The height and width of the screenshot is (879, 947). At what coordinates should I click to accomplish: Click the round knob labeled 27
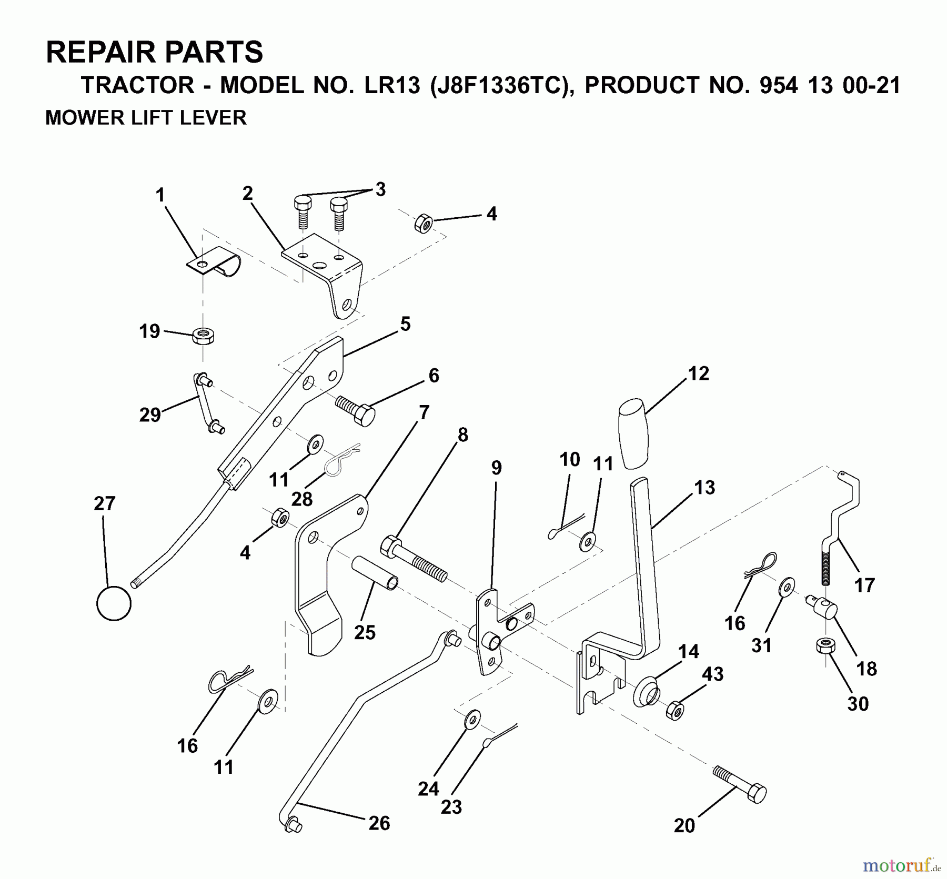point(114,603)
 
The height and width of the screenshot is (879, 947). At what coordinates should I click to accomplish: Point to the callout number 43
point(712,674)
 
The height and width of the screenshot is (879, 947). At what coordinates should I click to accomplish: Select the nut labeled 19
point(203,336)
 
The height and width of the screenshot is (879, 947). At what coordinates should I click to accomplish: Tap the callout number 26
point(379,823)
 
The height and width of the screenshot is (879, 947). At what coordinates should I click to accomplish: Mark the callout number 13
point(704,488)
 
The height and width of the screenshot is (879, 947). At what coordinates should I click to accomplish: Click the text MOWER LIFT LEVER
point(146,117)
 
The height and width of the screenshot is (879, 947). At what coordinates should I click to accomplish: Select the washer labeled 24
point(472,719)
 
